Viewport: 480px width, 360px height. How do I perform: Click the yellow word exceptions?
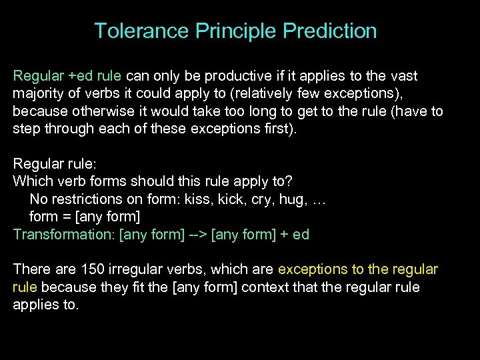click(311, 269)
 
